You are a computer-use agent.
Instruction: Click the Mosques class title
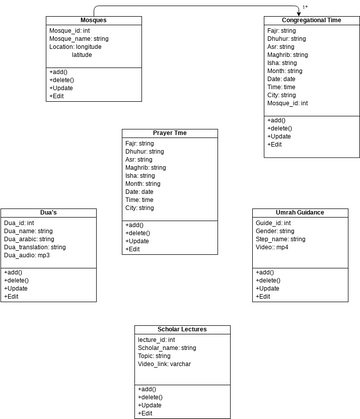[x=92, y=21]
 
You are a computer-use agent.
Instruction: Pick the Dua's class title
[x=48, y=212]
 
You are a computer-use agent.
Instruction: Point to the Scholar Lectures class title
[x=183, y=329]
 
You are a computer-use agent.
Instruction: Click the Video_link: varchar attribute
[x=165, y=364]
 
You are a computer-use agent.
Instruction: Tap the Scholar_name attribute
[x=167, y=348]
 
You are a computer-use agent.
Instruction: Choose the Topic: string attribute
[x=155, y=356]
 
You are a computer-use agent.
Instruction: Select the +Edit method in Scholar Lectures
[x=147, y=413]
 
